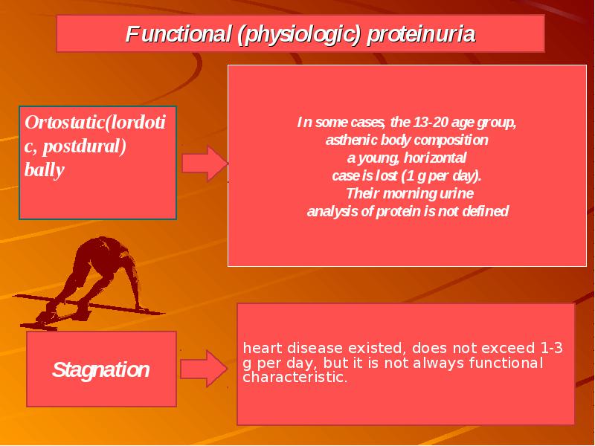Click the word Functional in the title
pyautogui.click(x=178, y=33)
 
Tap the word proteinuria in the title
pyautogui.click(x=421, y=34)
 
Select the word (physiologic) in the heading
pyautogui.click(x=299, y=35)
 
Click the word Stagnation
pyautogui.click(x=101, y=369)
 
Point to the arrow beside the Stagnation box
pyautogui.click(x=204, y=369)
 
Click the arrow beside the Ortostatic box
pyautogui.click(x=205, y=164)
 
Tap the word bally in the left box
pyautogui.click(x=44, y=170)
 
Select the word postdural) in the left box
pyautogui.click(x=84, y=146)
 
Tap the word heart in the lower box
pyautogui.click(x=263, y=348)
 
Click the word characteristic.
pyautogui.click(x=295, y=377)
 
